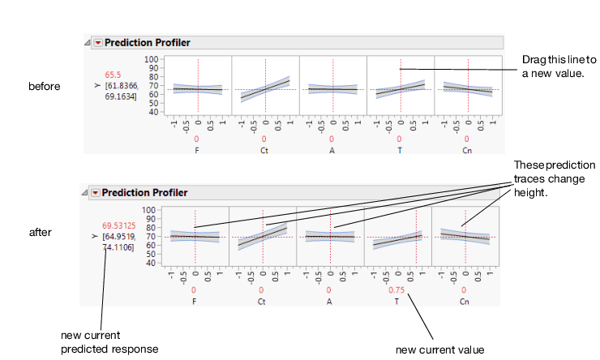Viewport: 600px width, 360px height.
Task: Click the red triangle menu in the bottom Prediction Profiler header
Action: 96,193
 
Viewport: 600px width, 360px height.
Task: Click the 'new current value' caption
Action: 439,349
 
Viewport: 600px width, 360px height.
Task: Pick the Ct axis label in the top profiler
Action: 265,149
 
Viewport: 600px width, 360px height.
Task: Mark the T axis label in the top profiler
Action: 400,149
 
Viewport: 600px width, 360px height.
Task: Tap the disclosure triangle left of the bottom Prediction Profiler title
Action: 85,193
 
